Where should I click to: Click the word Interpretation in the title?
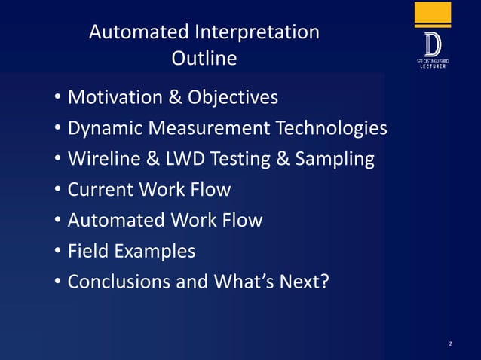point(256,32)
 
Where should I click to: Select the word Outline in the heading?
point(204,58)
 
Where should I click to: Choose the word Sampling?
point(337,160)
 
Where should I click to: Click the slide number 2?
point(450,344)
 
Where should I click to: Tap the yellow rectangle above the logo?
point(433,14)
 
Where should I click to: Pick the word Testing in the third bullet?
point(254,160)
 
